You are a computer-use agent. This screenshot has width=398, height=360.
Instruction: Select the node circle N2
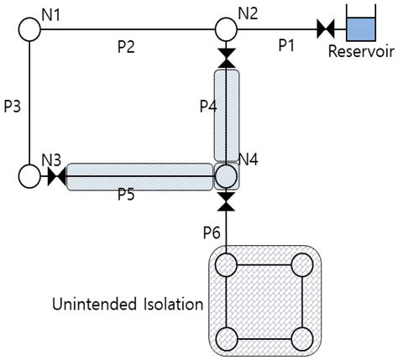(x=226, y=30)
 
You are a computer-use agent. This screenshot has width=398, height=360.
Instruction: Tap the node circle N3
(x=30, y=176)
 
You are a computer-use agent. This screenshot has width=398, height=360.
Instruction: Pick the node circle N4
(x=226, y=176)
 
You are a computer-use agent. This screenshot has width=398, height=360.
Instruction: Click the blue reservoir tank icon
(x=363, y=28)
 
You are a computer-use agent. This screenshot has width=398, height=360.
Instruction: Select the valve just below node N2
(x=226, y=57)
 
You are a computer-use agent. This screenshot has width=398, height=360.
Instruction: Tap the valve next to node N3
(x=56, y=177)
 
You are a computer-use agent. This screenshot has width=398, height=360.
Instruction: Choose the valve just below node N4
(x=226, y=201)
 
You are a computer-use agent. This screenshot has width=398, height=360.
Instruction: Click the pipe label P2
(x=127, y=47)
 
